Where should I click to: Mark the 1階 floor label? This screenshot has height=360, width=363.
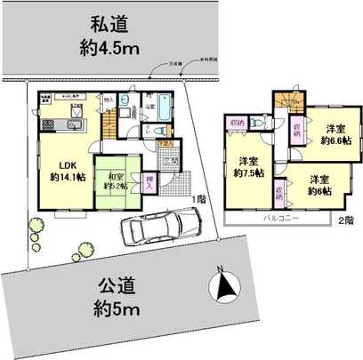(198, 200)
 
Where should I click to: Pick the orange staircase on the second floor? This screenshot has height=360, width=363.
(286, 100)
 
